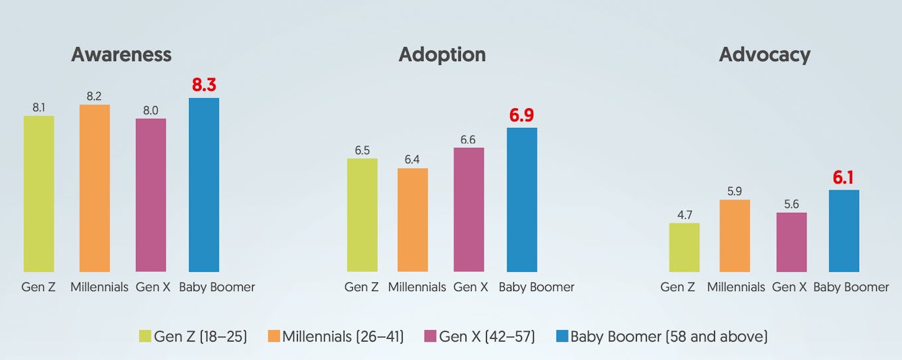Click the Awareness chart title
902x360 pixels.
121,54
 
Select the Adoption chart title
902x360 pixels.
442,54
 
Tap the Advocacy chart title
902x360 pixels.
764,54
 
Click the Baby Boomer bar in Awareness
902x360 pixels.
204,185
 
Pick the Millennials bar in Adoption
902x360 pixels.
413,220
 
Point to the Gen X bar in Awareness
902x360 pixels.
151,195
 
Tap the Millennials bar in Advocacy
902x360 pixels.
734,235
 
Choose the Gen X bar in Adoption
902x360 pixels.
469,210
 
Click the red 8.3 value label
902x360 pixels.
204,85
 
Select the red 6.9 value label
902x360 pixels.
522,115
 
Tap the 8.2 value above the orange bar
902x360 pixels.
95,95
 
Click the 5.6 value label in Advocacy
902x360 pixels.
791,204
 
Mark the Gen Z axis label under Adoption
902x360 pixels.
361,287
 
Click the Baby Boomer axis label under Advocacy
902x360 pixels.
851,287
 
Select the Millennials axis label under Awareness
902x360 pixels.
99,287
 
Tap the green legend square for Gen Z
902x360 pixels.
145,337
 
